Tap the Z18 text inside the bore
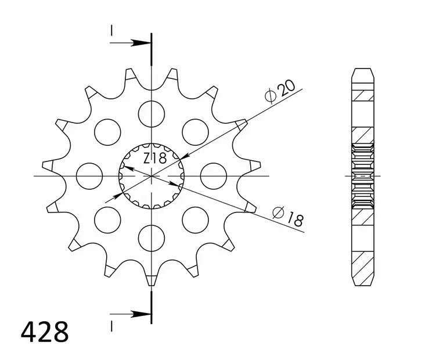pyautogui.click(x=155, y=157)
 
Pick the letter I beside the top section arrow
pyautogui.click(x=110, y=31)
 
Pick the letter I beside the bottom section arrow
pyautogui.click(x=110, y=323)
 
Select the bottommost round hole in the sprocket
pyautogui.click(x=151, y=238)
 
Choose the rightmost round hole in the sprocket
pyautogui.click(x=213, y=175)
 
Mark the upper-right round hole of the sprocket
pyautogui.click(x=195, y=131)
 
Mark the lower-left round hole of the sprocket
pyautogui.click(x=107, y=219)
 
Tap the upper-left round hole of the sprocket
pyautogui.click(x=107, y=131)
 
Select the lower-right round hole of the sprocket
pyautogui.click(x=195, y=219)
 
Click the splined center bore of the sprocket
pyautogui.click(x=151, y=175)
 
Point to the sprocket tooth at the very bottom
pyautogui.click(x=151, y=278)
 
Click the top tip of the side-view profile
pyautogui.click(x=362, y=71)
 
